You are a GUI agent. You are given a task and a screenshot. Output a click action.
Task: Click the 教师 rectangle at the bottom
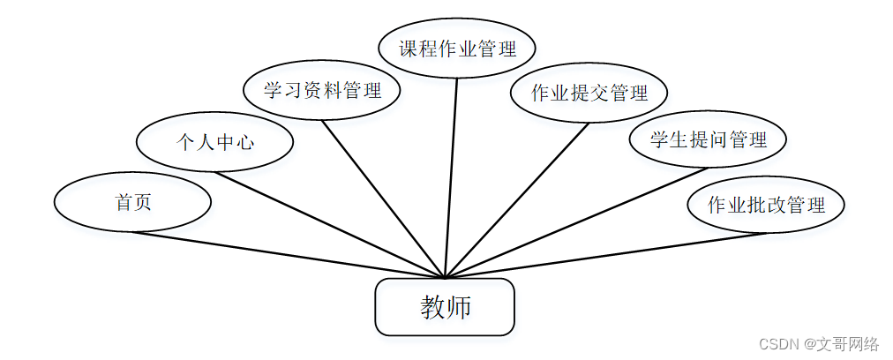(445, 307)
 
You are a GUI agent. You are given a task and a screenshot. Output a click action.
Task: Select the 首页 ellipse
(132, 202)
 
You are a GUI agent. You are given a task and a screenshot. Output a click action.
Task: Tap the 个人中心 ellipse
(214, 141)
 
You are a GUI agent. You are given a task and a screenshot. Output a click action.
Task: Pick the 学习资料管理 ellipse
(322, 90)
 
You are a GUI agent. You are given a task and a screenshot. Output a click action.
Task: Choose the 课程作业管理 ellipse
(457, 49)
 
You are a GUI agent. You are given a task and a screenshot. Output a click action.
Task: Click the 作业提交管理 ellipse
(589, 93)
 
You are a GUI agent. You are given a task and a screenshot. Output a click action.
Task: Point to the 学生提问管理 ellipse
(708, 139)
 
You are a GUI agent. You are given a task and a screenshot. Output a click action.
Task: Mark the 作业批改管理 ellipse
(766, 205)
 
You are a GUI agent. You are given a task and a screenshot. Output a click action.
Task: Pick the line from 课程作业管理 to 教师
(452, 176)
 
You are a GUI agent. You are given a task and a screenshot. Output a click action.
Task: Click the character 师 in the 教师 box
(459, 307)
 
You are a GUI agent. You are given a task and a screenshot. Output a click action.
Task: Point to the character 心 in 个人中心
(244, 141)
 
